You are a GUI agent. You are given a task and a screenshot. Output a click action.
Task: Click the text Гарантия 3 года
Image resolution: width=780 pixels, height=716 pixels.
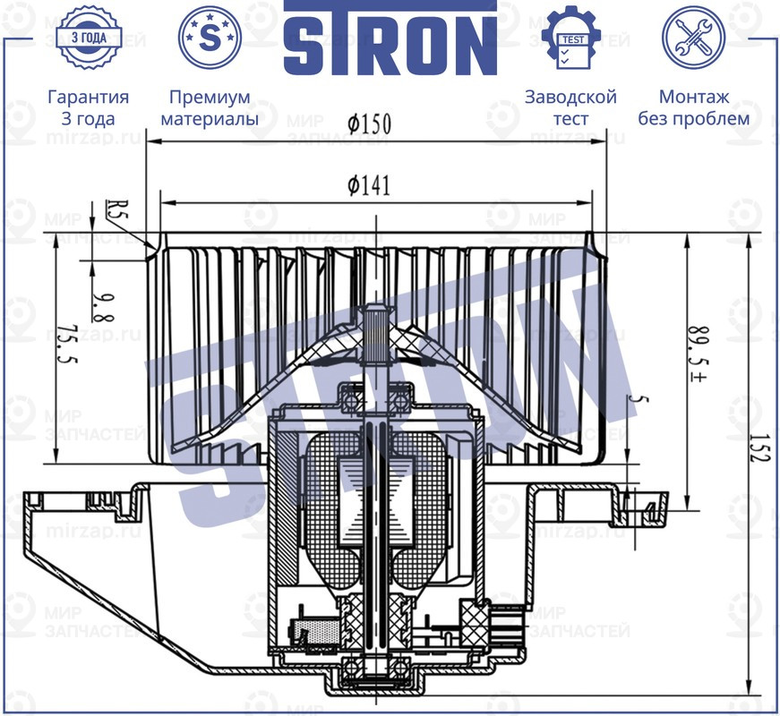pos(88,107)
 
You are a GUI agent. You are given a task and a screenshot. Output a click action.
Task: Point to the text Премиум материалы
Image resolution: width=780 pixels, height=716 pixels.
pos(210,107)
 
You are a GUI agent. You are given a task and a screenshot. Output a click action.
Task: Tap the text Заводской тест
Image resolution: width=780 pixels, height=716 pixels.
pos(570,107)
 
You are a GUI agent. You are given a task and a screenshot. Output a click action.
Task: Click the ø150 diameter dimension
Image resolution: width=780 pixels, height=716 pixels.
pos(371,124)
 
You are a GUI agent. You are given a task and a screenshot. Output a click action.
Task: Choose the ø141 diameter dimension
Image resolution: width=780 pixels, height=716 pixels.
pos(369,184)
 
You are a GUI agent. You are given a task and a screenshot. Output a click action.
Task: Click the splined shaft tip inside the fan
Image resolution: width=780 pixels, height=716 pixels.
pos(375,318)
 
